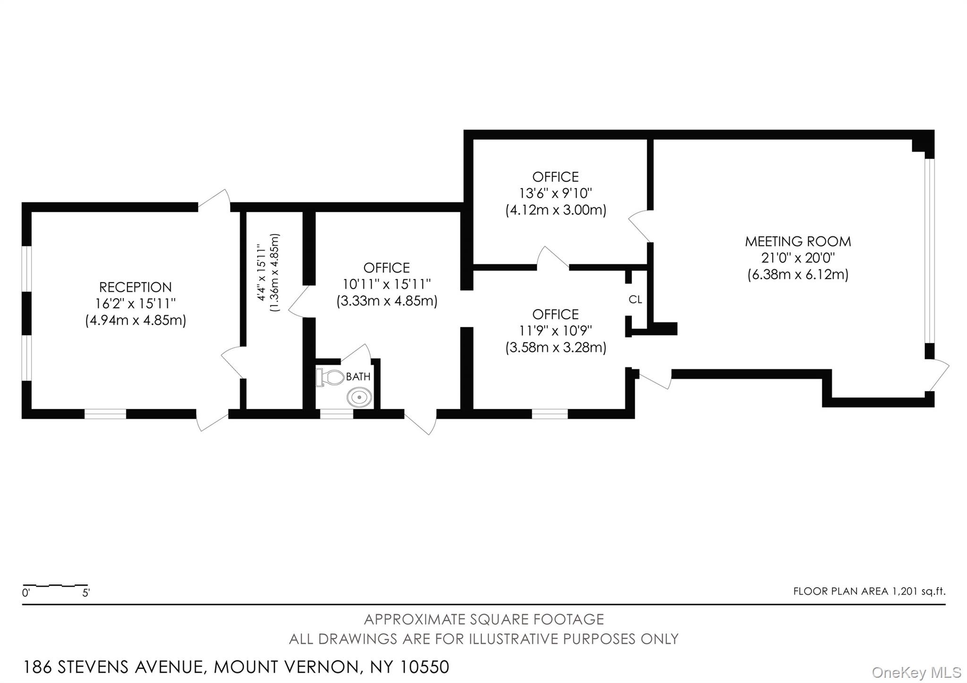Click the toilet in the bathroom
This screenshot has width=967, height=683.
click(x=332, y=378)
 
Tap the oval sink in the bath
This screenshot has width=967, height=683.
click(x=359, y=397)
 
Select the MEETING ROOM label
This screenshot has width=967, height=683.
click(x=797, y=242)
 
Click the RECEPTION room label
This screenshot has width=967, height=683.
click(x=136, y=287)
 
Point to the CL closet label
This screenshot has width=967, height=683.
click(x=635, y=300)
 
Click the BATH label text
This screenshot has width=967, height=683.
click(x=358, y=377)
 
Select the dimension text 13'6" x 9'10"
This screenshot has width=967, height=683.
click(x=555, y=194)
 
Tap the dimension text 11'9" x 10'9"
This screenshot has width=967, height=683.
click(x=555, y=330)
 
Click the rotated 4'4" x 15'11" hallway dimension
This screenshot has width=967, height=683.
click(x=260, y=272)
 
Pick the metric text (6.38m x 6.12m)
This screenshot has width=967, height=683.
click(x=797, y=275)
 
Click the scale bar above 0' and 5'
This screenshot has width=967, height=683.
click(x=55, y=585)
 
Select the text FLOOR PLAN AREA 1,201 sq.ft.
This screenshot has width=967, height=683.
click(x=869, y=591)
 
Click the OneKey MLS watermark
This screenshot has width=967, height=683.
click(x=916, y=672)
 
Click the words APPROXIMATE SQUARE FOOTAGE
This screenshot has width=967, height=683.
click(x=483, y=619)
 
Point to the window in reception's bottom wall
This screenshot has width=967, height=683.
click(x=105, y=414)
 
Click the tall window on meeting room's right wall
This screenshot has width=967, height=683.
click(x=929, y=250)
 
